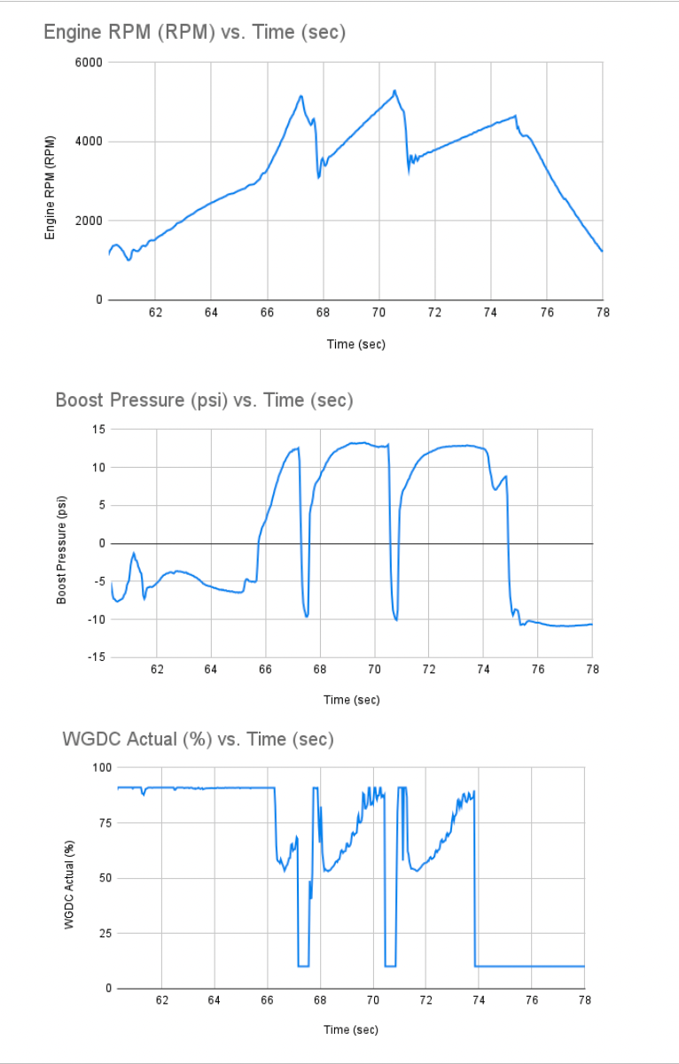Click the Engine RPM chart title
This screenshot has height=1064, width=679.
[x=194, y=34]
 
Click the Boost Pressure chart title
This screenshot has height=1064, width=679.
[x=204, y=400]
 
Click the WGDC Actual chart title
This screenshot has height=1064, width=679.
[x=198, y=739]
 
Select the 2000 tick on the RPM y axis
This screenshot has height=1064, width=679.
[x=90, y=221]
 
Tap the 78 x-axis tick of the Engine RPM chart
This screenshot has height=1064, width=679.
[x=603, y=313]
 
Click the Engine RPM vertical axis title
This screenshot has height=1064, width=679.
[x=51, y=187]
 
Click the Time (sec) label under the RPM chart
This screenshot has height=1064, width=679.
[x=355, y=344]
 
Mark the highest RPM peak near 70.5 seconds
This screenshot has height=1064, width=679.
[x=394, y=90]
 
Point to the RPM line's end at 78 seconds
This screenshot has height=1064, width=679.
[x=602, y=252]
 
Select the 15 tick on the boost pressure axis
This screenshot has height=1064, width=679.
[x=98, y=430]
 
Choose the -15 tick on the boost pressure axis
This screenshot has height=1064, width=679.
[x=95, y=656]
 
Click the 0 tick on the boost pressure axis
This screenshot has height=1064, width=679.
[x=101, y=543]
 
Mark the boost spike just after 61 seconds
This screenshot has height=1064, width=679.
[x=134, y=554]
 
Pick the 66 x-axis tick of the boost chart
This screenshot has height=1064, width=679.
[x=265, y=669]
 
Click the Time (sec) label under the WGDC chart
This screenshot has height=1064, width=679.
[x=351, y=1029]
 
